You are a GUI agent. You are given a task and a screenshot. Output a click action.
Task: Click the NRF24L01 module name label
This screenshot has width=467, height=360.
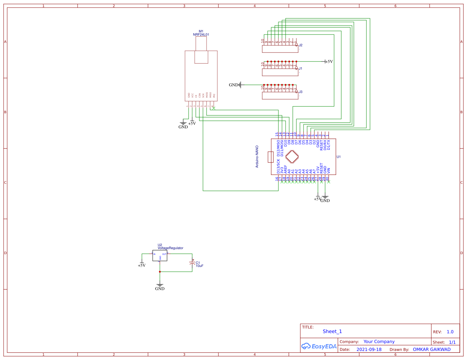(x=201, y=35)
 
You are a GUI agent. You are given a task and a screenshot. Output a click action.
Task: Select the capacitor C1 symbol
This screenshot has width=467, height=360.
(x=193, y=264)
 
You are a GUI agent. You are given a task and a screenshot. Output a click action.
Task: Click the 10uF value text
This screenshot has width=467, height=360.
(x=199, y=266)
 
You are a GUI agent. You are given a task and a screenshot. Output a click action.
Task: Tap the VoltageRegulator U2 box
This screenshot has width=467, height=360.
(x=160, y=256)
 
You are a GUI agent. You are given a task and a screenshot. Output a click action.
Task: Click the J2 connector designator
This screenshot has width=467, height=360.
(x=301, y=45)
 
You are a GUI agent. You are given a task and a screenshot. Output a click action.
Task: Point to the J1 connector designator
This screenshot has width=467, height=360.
(x=301, y=69)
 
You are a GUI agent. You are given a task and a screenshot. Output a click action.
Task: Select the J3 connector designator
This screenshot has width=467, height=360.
(x=301, y=92)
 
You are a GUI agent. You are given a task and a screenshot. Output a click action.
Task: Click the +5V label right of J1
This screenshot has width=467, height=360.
(x=329, y=61)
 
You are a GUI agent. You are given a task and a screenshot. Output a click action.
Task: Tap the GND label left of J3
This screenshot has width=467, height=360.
(x=233, y=85)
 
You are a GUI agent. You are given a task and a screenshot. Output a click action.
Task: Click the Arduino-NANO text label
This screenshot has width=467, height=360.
(x=257, y=157)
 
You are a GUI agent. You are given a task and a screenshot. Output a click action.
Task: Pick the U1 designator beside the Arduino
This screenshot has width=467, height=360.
(x=338, y=157)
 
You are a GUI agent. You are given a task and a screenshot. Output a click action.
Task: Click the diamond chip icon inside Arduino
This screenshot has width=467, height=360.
(x=292, y=157)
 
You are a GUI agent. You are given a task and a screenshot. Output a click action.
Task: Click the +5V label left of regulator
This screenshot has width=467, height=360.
(x=142, y=265)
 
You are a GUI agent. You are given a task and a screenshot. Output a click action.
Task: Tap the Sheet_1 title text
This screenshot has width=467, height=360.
(x=332, y=332)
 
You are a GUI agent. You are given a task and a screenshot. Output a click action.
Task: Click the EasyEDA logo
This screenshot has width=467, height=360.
(x=319, y=346)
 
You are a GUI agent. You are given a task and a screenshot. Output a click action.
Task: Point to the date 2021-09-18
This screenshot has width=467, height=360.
(x=369, y=350)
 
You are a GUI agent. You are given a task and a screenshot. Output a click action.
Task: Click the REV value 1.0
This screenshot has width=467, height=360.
(x=450, y=332)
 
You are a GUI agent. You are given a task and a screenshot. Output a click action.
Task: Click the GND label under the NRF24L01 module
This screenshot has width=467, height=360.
(x=183, y=127)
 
